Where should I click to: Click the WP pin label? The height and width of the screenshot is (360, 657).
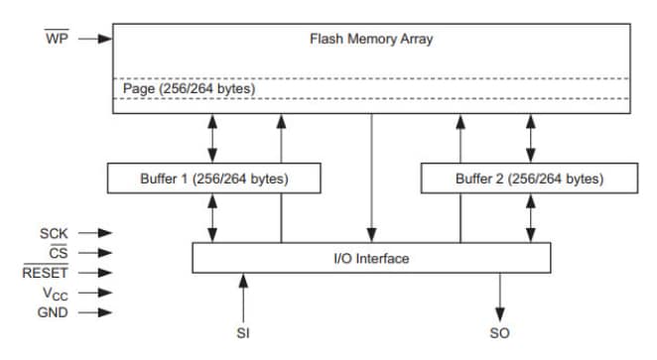point(56,39)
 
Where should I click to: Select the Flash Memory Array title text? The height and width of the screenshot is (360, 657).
point(371,40)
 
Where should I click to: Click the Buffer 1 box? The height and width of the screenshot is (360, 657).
point(213,179)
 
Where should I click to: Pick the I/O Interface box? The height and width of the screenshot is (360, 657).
point(370,258)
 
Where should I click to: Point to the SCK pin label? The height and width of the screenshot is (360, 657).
point(54,233)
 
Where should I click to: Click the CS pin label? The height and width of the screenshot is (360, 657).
point(59,253)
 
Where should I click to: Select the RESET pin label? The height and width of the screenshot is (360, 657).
point(45,273)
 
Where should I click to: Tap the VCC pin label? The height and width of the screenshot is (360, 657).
point(55,294)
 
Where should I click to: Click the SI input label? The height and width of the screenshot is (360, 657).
point(243,333)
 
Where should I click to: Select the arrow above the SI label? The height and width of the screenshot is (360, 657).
point(243,297)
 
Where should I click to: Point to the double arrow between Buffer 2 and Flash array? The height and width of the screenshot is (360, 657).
point(530,139)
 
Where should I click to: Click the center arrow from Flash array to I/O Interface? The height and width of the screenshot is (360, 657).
point(371,179)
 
